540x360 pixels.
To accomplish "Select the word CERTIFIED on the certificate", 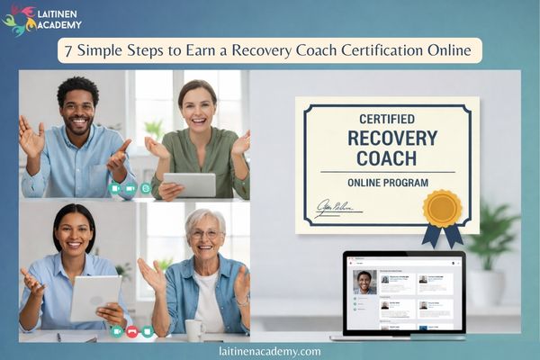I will point(387,119).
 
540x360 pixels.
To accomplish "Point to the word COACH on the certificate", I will point(387,158).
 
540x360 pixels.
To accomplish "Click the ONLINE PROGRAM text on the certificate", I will point(387,183).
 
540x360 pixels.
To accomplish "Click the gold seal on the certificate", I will point(442,208).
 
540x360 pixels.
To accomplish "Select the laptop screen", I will point(403,292).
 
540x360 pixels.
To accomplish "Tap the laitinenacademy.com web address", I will point(269,351).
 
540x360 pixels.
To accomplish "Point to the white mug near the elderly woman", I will point(194,329).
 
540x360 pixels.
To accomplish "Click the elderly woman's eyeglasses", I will point(205,233).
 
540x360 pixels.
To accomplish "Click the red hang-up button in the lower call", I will point(131,331).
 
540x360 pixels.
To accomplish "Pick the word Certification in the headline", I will point(383,50).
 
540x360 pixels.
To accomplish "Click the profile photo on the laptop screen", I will point(364,282).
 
